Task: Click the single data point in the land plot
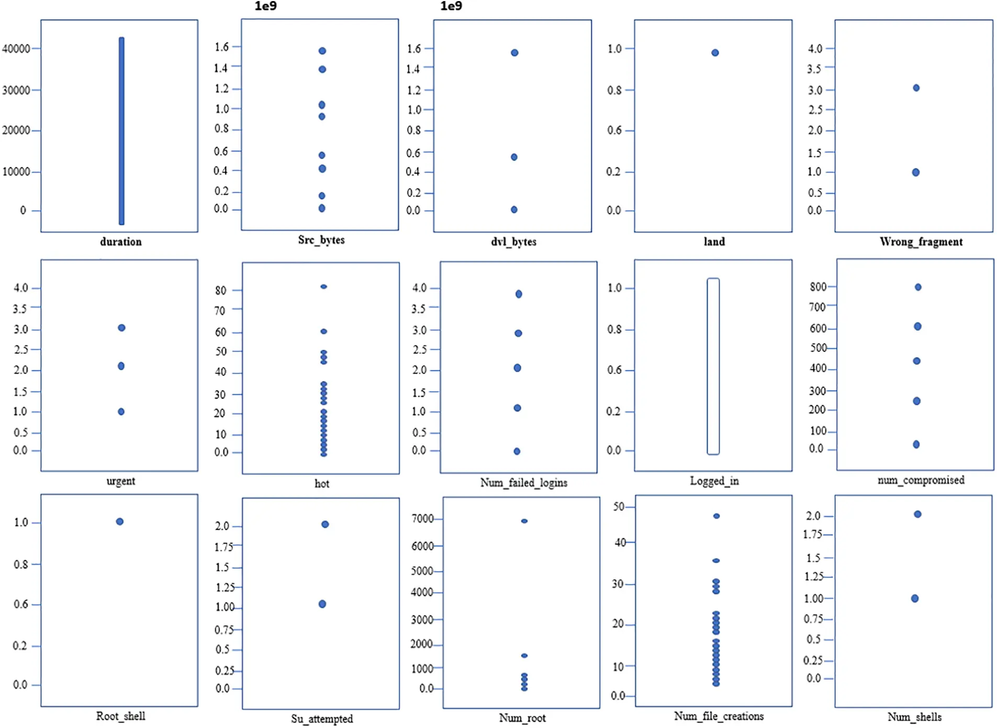[715, 53]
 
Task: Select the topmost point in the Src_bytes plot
[322, 51]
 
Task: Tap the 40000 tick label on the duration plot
[16, 49]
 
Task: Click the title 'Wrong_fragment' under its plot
[921, 242]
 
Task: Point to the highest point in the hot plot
[324, 287]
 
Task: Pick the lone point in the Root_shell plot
[120, 521]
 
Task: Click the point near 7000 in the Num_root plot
[524, 521]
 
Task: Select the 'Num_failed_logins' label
[523, 482]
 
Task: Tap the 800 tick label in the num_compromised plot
[818, 287]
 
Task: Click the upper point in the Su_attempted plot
[325, 524]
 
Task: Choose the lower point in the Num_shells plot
[915, 598]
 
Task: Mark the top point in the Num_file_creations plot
[716, 516]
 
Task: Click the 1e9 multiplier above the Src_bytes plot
[266, 6]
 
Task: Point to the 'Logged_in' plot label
[714, 481]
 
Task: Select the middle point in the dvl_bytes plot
[514, 157]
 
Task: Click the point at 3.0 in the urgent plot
[121, 328]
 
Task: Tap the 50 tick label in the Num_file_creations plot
[619, 506]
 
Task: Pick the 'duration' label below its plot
[121, 242]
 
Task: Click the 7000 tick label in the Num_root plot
[422, 518]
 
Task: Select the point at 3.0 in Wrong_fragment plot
[916, 88]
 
